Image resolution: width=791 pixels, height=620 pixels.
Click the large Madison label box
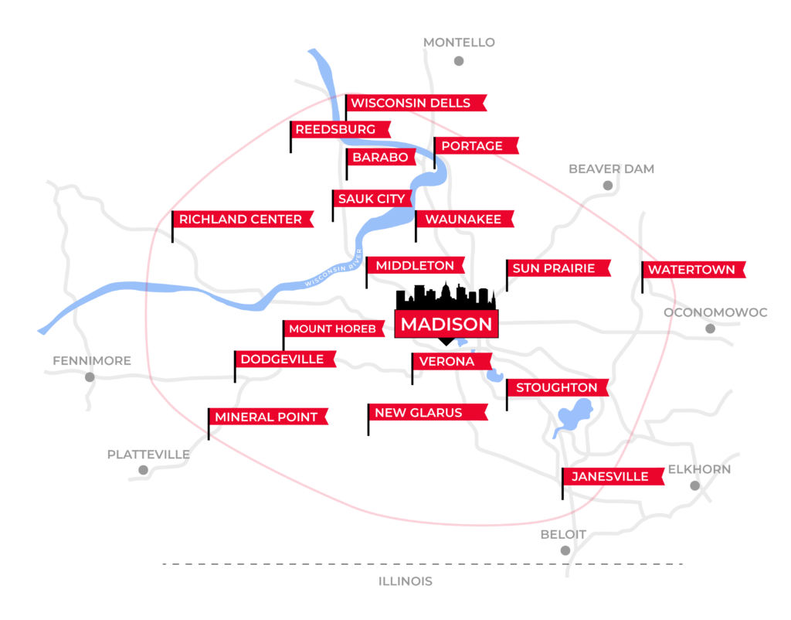point(446,324)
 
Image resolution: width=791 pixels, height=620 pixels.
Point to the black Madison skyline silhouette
point(446,296)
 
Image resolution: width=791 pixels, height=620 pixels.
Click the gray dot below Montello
point(459,61)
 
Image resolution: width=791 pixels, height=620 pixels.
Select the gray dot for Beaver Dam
point(608,186)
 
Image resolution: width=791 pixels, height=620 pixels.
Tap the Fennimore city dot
point(90,377)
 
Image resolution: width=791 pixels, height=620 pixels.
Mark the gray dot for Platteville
point(143,470)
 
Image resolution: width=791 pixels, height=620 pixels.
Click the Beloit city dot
point(565,550)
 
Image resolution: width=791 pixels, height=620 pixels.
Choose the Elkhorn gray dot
point(694,485)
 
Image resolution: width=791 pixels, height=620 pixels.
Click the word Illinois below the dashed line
point(405,581)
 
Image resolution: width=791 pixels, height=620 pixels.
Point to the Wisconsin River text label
point(334,268)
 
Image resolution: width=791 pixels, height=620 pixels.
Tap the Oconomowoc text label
point(715,312)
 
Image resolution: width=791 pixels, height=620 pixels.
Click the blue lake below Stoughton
point(574,416)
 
